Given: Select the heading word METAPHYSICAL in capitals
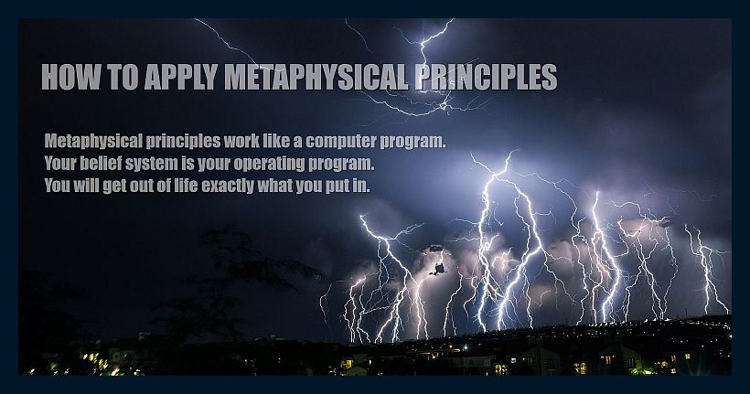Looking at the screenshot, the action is click(316, 77).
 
